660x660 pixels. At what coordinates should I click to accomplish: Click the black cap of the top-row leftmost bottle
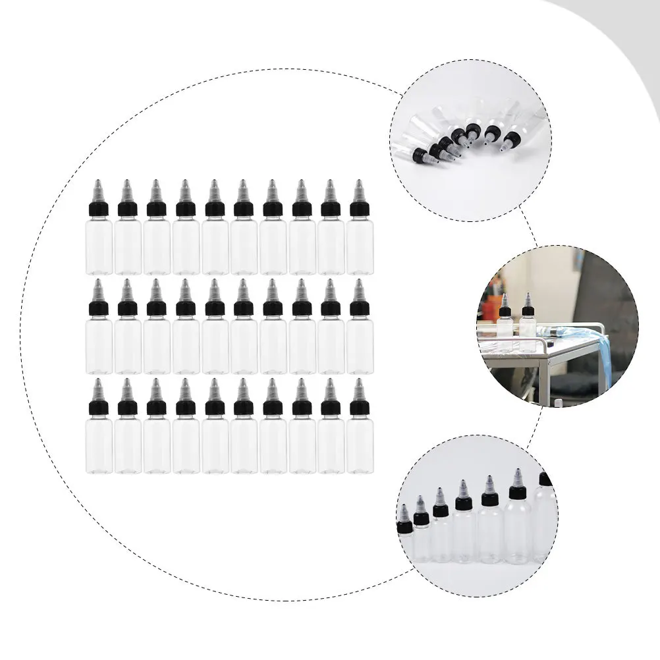click(99, 209)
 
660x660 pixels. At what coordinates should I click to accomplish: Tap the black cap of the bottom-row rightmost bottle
click(360, 408)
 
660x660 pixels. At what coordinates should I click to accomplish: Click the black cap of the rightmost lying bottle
click(512, 139)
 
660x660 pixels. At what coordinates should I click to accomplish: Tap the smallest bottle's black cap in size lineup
click(404, 527)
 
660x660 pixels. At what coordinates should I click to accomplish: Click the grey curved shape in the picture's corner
click(632, 40)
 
